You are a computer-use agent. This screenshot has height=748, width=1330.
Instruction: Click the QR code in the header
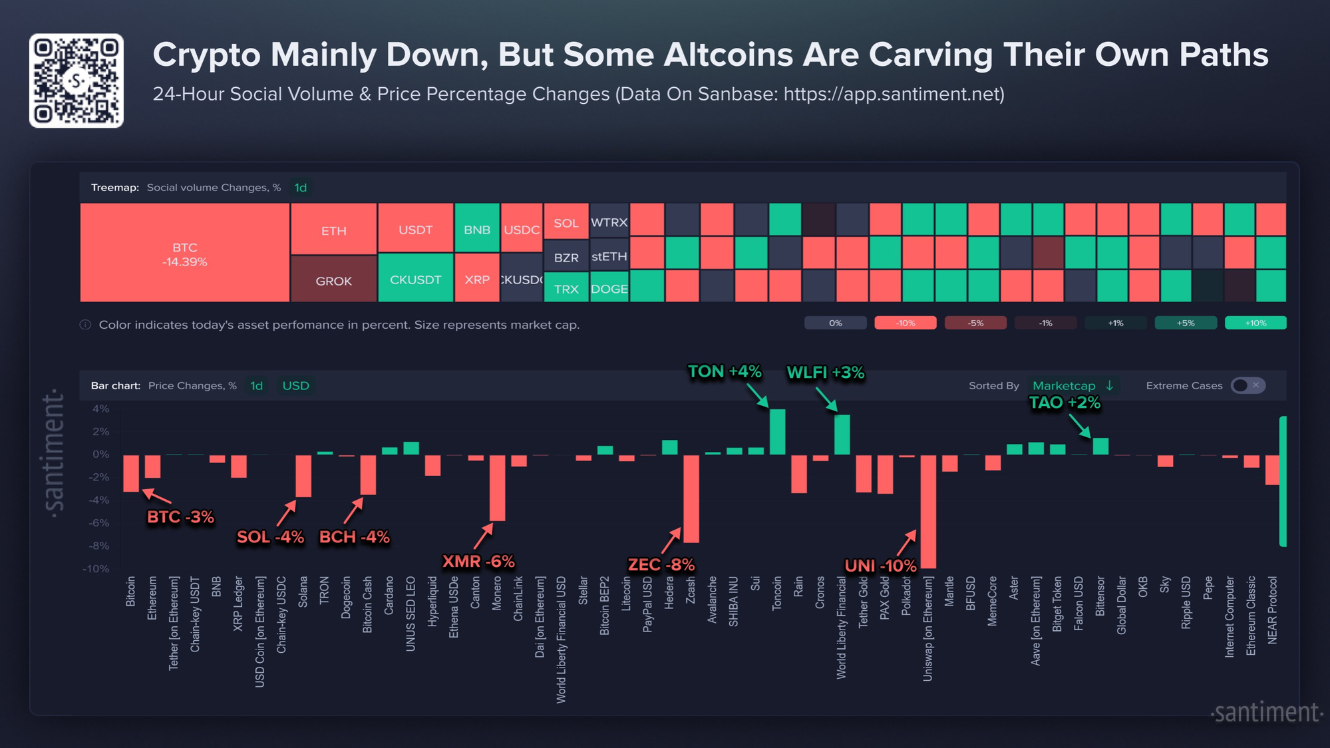point(77,81)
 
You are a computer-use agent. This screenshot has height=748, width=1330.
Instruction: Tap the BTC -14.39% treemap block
point(184,253)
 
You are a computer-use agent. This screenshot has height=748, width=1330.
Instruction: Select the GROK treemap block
point(333,280)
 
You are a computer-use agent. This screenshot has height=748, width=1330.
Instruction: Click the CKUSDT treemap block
point(415,278)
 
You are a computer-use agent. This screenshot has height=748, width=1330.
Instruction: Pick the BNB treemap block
point(476,228)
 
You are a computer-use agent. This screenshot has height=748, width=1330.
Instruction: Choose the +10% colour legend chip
point(1255,323)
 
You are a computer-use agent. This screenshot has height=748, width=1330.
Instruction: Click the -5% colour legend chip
point(975,323)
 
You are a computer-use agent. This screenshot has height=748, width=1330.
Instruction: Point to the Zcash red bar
point(691,498)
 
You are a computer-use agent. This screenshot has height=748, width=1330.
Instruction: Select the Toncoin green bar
point(777,432)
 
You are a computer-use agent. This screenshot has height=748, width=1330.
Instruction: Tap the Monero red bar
point(497,488)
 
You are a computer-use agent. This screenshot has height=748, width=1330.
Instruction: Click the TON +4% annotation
point(724,371)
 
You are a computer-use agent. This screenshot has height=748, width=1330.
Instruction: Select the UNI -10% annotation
point(880,566)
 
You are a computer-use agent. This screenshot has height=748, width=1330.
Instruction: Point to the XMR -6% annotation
point(478,562)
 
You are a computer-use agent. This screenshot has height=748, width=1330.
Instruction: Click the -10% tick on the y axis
point(96,569)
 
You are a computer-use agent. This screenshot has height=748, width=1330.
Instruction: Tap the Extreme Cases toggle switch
point(1247,385)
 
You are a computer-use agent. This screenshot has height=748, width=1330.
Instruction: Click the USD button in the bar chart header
point(295,385)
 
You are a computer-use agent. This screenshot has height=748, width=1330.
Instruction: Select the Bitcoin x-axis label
point(130,591)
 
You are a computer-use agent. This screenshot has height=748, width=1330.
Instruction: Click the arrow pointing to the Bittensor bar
point(1080,426)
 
